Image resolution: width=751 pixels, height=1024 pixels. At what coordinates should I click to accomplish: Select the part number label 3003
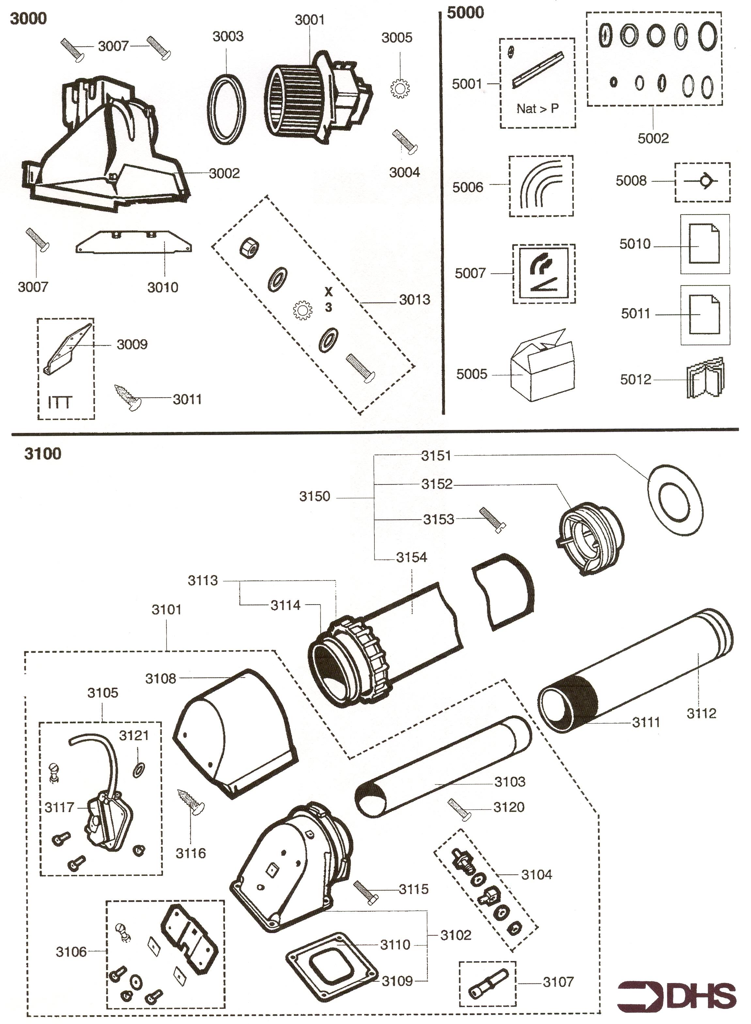pyautogui.click(x=228, y=36)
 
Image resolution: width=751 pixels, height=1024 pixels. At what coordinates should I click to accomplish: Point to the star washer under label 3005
pyautogui.click(x=400, y=88)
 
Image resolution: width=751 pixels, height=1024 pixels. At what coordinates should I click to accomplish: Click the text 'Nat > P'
pyautogui.click(x=537, y=109)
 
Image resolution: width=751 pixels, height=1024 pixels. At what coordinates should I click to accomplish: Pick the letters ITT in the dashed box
pyautogui.click(x=59, y=402)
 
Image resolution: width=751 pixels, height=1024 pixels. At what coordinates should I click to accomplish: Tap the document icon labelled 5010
pyautogui.click(x=704, y=244)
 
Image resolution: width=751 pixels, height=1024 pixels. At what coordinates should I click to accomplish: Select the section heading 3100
pyautogui.click(x=43, y=453)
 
